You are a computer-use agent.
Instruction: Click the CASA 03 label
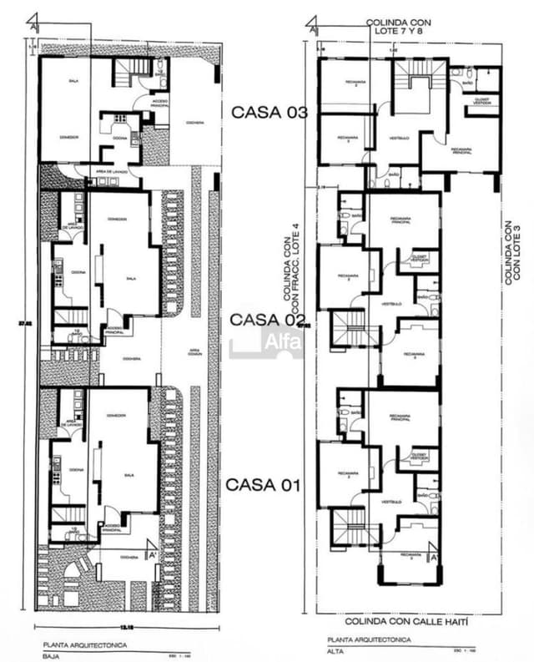click(269, 112)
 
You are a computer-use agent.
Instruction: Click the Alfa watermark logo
click(267, 341)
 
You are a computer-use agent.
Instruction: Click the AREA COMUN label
click(194, 351)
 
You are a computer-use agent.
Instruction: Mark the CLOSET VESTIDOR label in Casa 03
click(471, 101)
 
